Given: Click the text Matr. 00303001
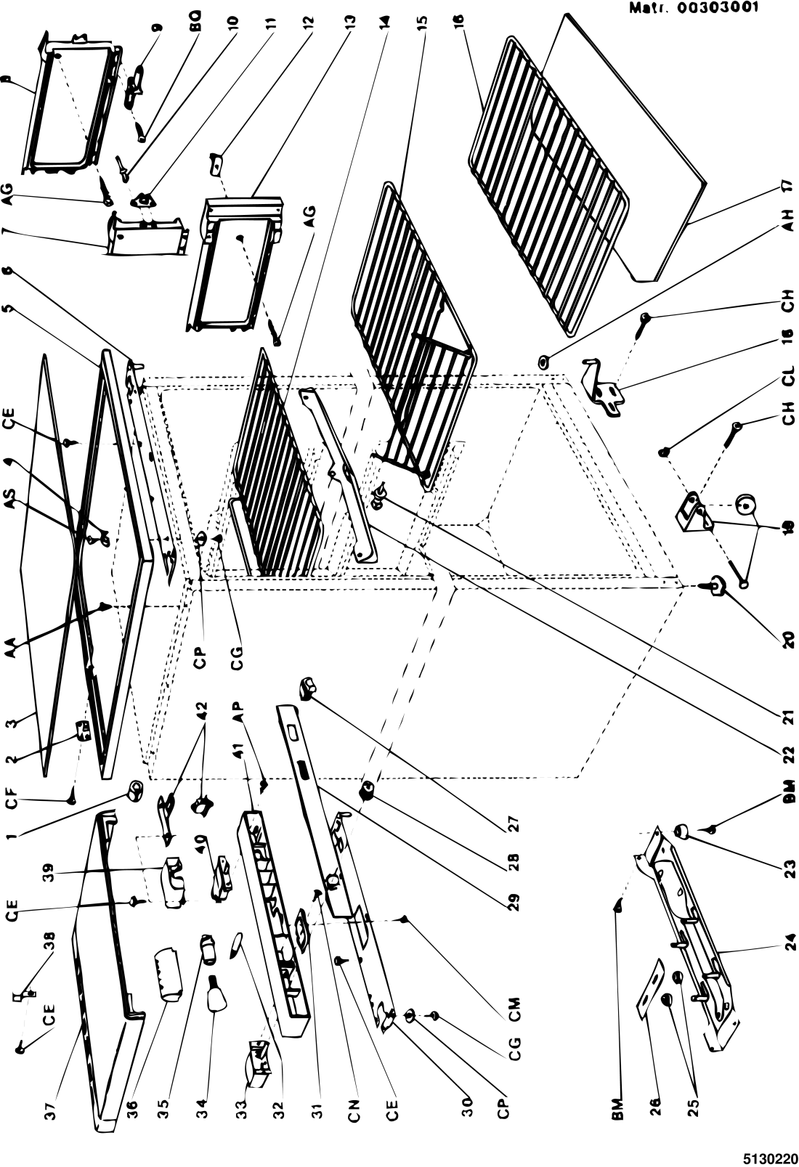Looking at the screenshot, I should point(693,8).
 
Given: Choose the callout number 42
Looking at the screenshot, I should point(202,709).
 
